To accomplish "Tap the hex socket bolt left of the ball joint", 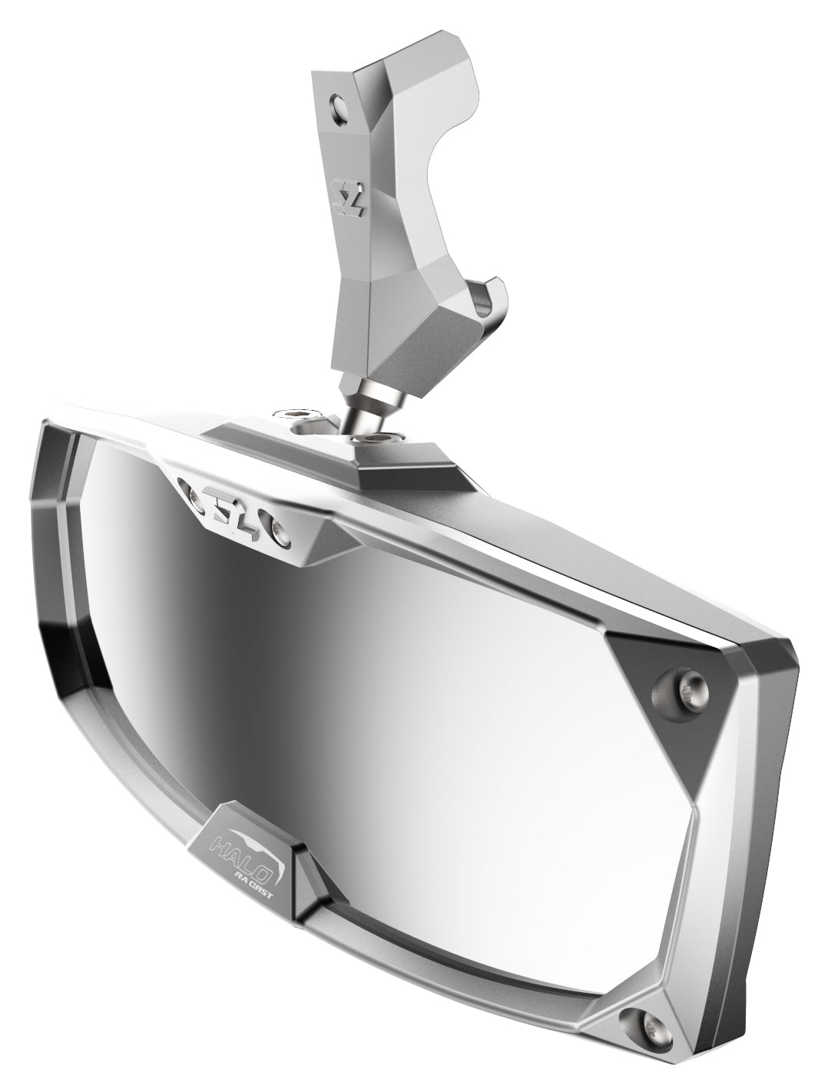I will [x=302, y=415].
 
